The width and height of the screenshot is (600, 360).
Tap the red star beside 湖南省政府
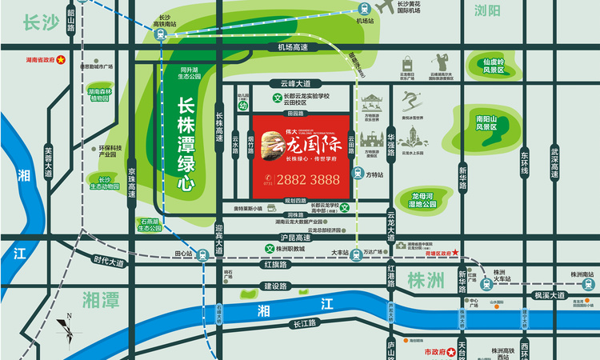tap(58, 60)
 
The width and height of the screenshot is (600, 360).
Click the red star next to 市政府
tap(450, 351)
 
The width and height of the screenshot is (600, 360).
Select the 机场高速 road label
tap(293, 47)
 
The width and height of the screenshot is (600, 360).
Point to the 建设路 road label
tap(276, 286)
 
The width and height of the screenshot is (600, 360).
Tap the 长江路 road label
tap(306, 324)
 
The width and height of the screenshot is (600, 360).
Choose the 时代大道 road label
tap(109, 262)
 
